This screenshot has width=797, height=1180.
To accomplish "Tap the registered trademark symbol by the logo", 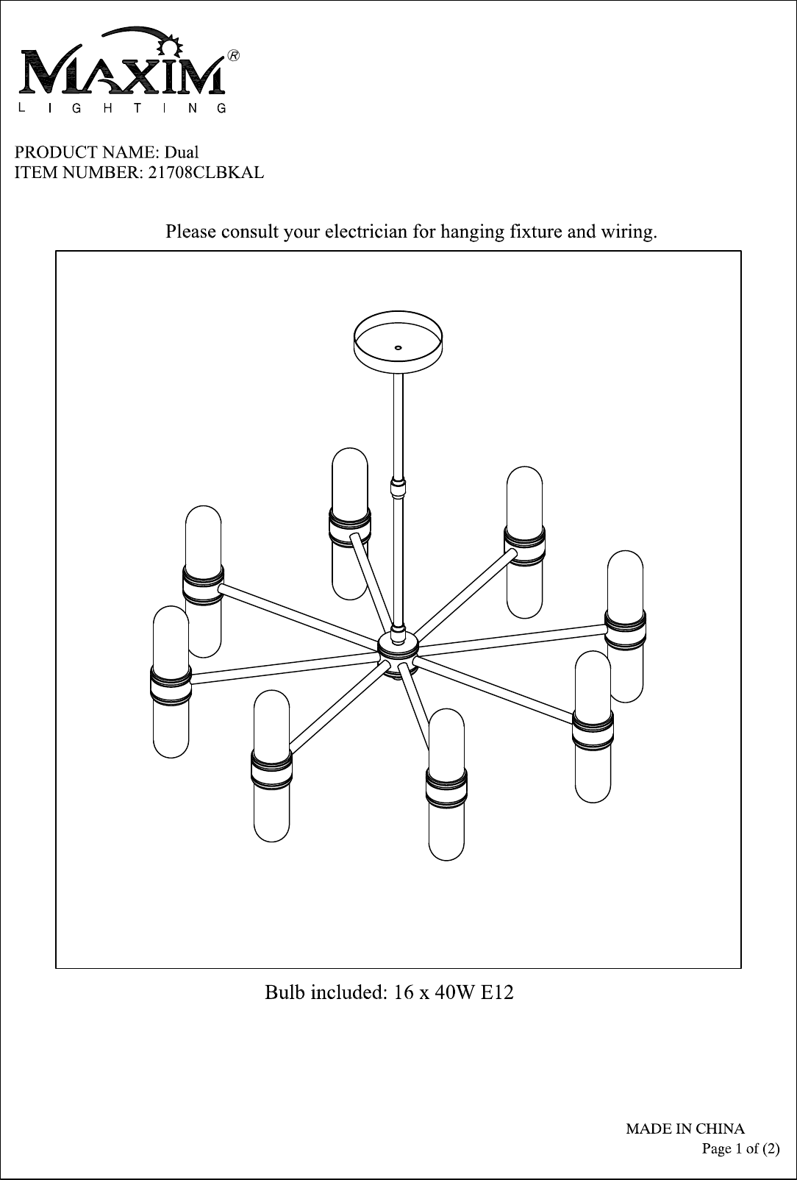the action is [233, 56].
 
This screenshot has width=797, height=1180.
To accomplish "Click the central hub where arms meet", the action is [398, 647].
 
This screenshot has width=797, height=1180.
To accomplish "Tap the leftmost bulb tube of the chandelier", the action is [171, 681].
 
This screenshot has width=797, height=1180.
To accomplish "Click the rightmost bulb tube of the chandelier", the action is [625, 625].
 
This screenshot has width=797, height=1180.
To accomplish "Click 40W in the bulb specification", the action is [449, 993].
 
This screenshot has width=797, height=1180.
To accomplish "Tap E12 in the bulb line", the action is [496, 993].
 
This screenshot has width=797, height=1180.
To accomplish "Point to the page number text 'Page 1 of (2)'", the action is [740, 1148].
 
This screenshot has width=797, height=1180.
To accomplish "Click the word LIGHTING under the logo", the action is [121, 109].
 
